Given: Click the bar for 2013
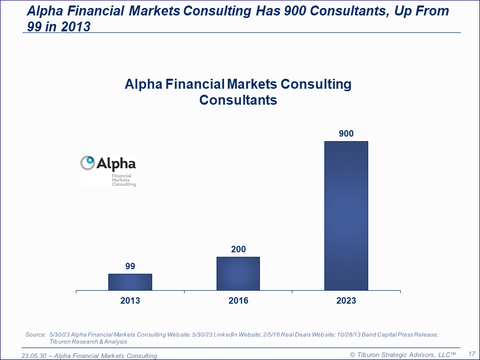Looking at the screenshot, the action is [130, 282].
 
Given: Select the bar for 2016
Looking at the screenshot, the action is [238, 274].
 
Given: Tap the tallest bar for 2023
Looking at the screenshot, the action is [346, 216].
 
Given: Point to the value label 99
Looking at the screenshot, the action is [130, 266].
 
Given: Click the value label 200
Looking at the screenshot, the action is [238, 249].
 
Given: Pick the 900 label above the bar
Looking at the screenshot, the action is [346, 134].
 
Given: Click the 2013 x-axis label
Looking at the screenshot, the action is [130, 301].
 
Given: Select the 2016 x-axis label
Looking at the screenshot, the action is [238, 301].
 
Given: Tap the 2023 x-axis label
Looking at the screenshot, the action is [346, 301].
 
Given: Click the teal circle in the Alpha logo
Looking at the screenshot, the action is [90, 160].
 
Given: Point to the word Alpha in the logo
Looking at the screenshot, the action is [116, 164].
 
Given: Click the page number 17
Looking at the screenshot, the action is [472, 354].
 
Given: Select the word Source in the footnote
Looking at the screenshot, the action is [35, 335].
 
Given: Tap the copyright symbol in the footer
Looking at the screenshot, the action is [352, 355].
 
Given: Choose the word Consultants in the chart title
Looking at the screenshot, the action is [238, 100].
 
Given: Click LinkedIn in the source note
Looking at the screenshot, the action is [226, 335].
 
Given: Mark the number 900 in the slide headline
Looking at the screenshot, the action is [295, 11].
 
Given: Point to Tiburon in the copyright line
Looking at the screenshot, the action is [368, 355].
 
